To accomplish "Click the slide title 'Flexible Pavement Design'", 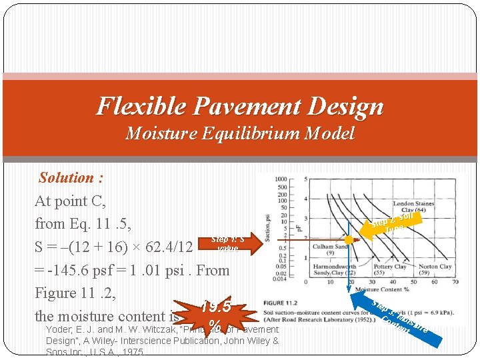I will pyautogui.click(x=240, y=106).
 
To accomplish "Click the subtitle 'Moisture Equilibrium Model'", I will pyautogui.click(x=240, y=133).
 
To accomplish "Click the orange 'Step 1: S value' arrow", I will pyautogui.click(x=229, y=243).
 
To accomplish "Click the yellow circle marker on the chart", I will pyautogui.click(x=348, y=239).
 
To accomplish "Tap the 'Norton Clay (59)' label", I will pyautogui.click(x=435, y=269).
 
